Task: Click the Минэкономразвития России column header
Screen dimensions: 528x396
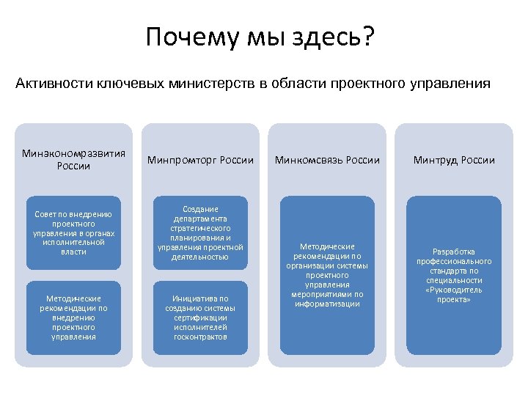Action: pos(73,159)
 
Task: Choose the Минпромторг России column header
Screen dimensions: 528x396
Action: pos(200,160)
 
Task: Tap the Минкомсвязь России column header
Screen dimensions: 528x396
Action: pos(327,160)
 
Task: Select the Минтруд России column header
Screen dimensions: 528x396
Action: pos(454,160)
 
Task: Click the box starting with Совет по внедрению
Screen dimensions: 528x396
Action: pos(73,233)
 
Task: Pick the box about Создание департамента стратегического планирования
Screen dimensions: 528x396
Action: pos(200,233)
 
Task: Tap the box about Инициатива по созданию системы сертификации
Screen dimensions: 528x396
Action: pos(200,318)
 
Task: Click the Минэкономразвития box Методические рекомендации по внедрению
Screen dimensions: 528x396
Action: pos(73,318)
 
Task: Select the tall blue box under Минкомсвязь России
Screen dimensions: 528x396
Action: pos(327,275)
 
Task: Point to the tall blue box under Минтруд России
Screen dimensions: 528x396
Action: pos(454,275)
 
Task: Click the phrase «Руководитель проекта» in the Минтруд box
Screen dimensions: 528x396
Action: pos(454,295)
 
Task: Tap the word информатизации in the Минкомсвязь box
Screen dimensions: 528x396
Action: pos(327,304)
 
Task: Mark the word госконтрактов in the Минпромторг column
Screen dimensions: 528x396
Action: pos(200,337)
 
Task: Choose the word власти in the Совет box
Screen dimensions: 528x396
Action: pos(74,252)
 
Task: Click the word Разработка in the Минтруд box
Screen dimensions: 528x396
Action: pos(454,252)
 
